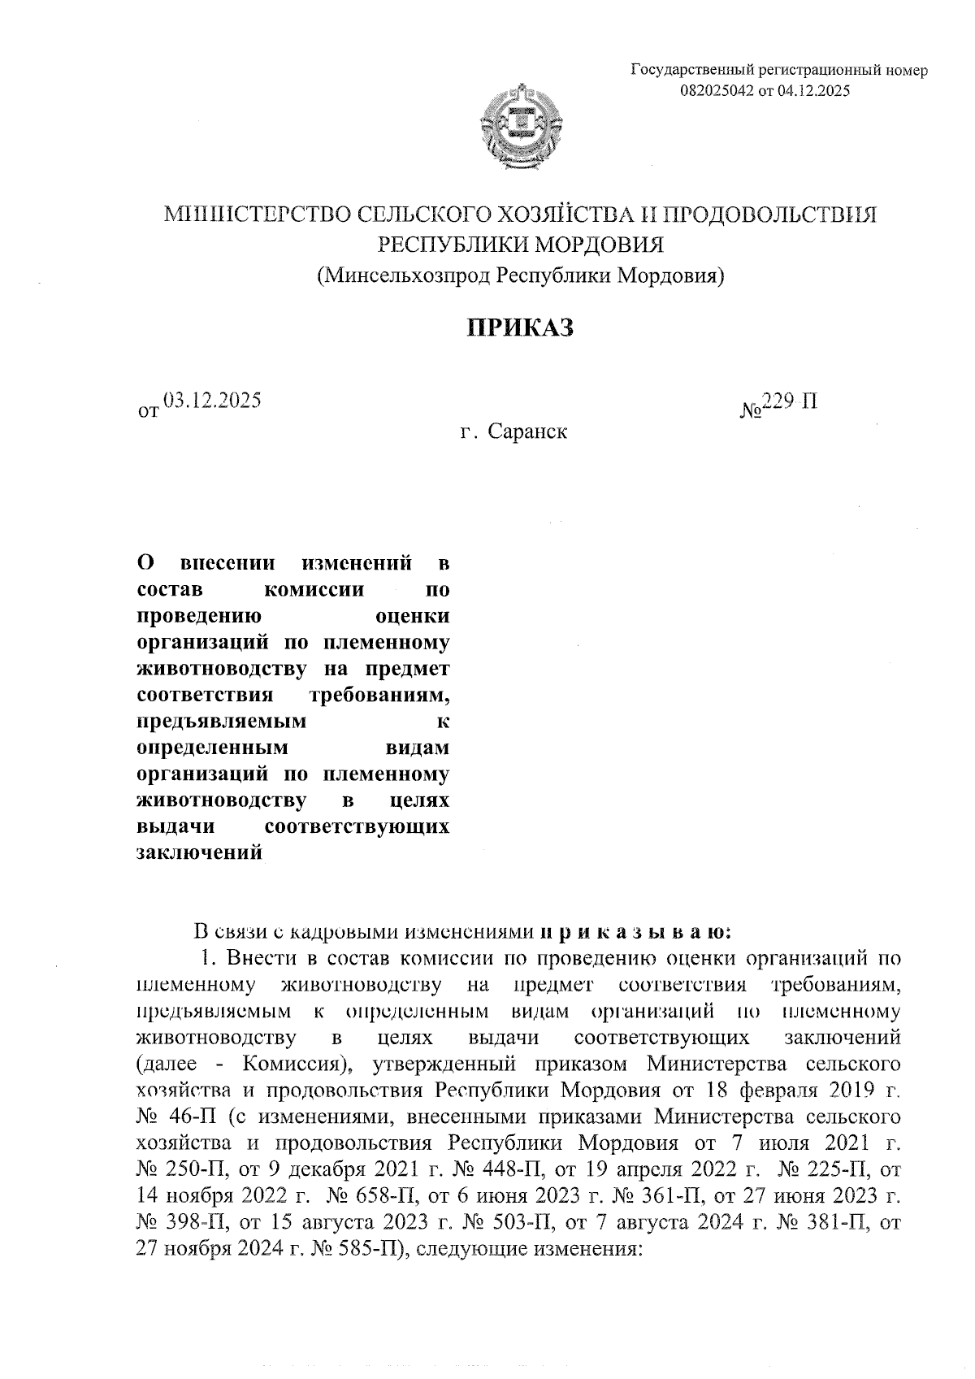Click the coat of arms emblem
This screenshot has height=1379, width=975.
click(522, 128)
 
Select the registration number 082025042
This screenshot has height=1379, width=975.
click(717, 91)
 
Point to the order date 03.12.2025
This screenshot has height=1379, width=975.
click(211, 400)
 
